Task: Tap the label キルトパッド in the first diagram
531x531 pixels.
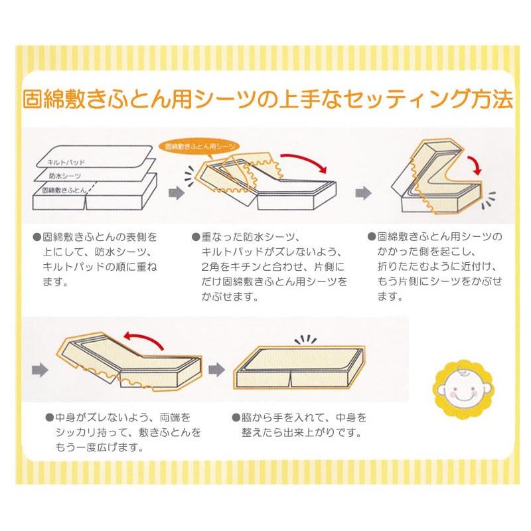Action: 66,162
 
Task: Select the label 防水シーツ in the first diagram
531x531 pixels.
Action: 65,176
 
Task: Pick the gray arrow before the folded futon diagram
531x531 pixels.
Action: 363,192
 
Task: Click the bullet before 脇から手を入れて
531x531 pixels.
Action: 236,419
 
